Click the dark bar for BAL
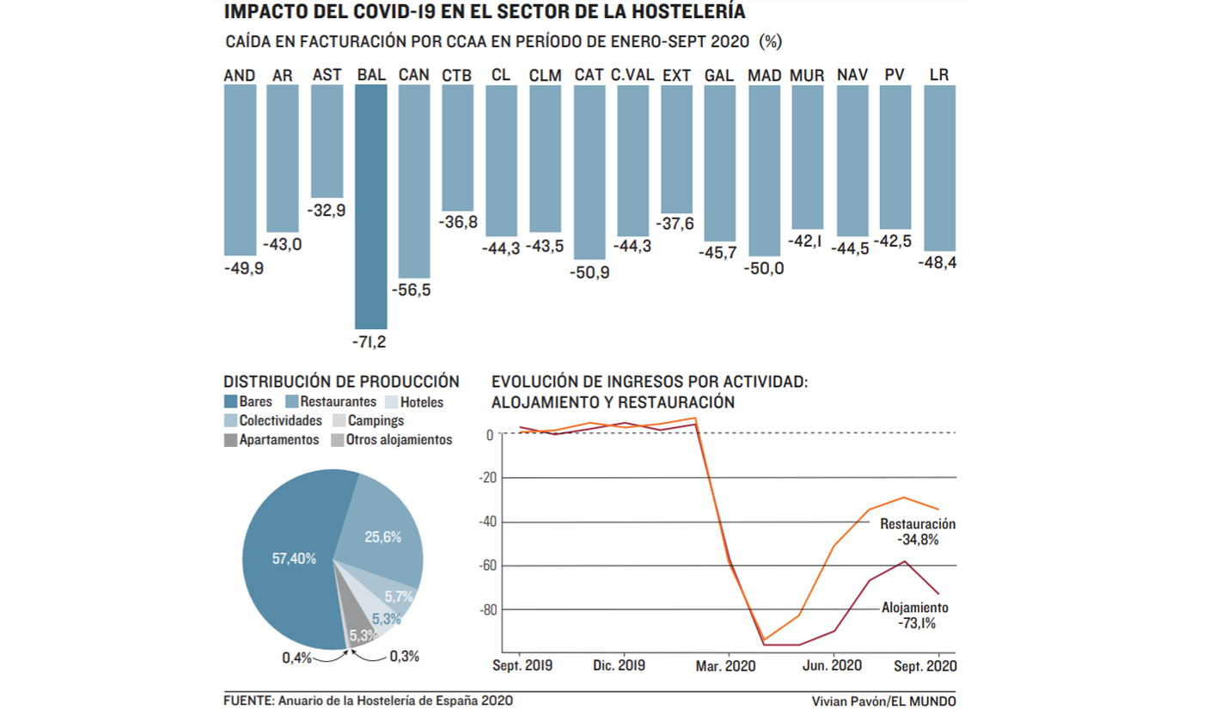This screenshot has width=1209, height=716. coord(370,206)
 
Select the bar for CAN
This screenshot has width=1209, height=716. coord(414,181)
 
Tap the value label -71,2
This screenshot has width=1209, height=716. coord(370,342)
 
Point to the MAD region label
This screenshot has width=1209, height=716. coord(765,76)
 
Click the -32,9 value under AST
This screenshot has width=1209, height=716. coord(327,210)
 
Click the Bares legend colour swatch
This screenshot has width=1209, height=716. coord(229,402)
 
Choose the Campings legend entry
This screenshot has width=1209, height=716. coord(369,421)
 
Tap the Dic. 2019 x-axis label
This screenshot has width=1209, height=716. coord(619,665)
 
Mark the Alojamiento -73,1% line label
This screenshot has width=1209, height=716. coord(915,615)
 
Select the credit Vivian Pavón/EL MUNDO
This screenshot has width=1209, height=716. coord(883,701)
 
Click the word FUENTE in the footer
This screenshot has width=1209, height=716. coord(247,701)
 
